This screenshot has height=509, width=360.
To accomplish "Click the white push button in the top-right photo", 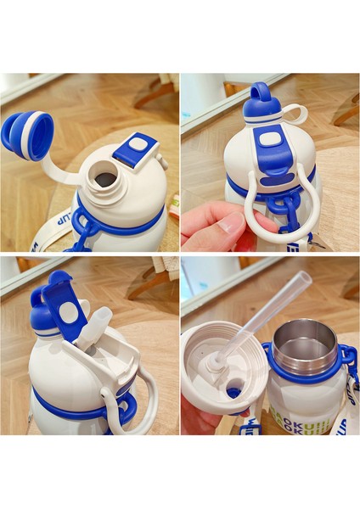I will coord(270,139).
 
